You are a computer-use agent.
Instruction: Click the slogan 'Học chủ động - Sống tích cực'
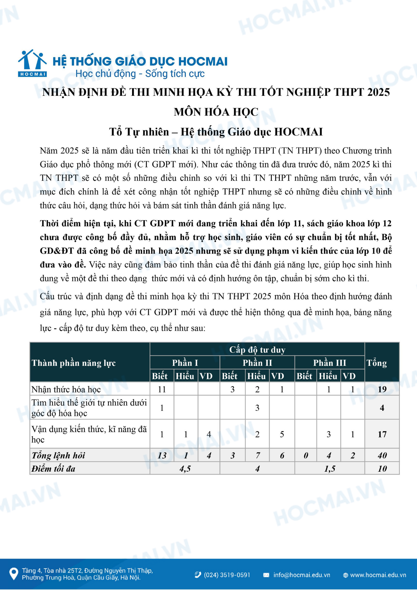coord(140,74)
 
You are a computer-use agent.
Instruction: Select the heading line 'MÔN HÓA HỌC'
coord(216,112)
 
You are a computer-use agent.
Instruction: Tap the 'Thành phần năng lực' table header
coord(74,363)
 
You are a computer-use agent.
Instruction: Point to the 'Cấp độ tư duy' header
coord(257,350)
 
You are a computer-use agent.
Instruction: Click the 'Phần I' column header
coord(185,363)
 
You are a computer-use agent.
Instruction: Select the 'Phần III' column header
coord(329,363)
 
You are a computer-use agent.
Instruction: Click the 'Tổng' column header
coord(377,363)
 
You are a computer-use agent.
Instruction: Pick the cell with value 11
coord(162,389)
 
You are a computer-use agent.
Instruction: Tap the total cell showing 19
coord(382,389)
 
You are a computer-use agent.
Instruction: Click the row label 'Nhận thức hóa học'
coord(66,389)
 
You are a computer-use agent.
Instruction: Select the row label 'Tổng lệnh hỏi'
coord(58,456)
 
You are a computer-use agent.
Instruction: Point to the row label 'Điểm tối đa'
coord(53,469)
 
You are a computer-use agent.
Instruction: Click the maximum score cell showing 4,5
coord(185,469)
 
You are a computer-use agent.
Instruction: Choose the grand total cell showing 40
coord(382,456)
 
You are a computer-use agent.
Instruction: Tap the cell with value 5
coord(282,434)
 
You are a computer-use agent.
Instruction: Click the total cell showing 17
coord(382,434)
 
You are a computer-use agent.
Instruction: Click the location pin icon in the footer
coord(13,574)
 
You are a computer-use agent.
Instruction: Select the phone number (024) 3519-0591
coord(227,575)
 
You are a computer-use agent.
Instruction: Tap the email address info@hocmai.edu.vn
coord(301,575)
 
